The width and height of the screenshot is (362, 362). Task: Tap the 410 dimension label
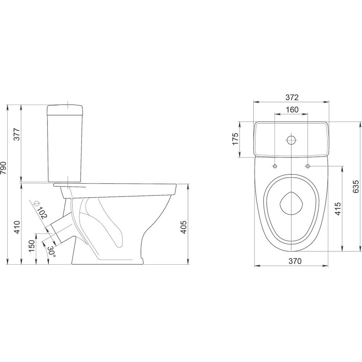(17, 228)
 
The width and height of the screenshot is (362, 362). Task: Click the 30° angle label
(51, 251)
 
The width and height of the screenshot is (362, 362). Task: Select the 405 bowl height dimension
(184, 227)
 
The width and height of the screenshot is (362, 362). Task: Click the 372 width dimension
(292, 97)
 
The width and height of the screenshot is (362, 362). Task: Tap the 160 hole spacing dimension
(292, 109)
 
